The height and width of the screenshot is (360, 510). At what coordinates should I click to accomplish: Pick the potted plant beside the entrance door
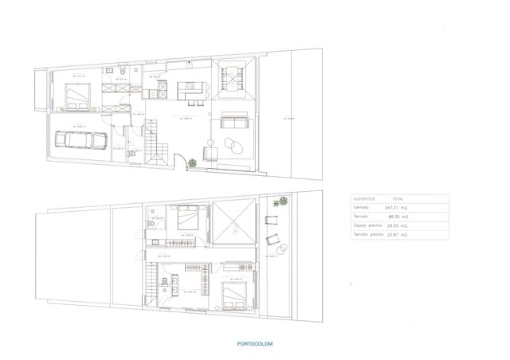pos(192,163)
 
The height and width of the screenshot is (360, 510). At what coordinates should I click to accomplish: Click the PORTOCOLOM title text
pos(254,344)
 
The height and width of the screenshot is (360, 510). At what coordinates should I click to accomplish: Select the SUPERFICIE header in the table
pos(364,198)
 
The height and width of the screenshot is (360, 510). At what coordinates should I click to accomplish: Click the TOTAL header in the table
pos(397,198)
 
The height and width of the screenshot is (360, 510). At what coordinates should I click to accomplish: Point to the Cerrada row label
pos(362,207)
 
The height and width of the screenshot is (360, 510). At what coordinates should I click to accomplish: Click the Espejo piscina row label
pos(367,225)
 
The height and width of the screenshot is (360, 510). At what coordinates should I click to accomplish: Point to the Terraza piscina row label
pos(368,235)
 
